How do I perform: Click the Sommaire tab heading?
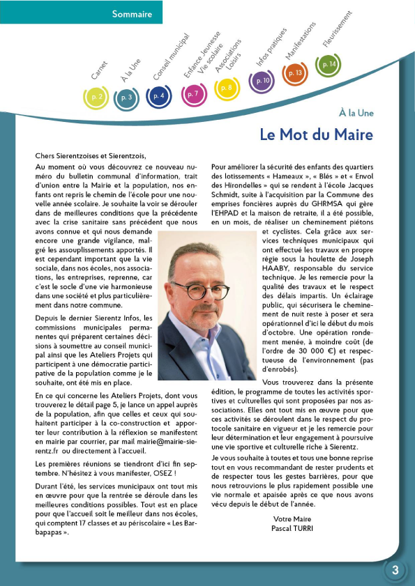[132, 13]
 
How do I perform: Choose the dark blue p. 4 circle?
[160, 95]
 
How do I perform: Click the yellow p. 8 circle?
[227, 88]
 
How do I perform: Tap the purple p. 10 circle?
[262, 81]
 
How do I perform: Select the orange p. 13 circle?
[294, 72]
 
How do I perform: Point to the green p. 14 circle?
[328, 65]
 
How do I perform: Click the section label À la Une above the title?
[356, 112]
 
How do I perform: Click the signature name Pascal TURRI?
[292, 528]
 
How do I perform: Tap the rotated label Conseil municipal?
[170, 55]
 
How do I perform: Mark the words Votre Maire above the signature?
[292, 519]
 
